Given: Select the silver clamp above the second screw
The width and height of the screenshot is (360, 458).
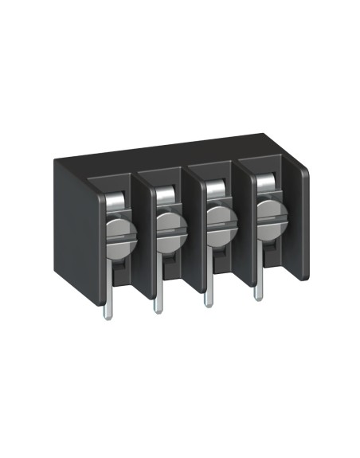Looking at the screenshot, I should pos(164,198).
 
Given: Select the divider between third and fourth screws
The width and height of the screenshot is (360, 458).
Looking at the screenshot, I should pos(242,223).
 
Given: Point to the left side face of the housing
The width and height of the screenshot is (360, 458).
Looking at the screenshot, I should pos(72,239).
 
